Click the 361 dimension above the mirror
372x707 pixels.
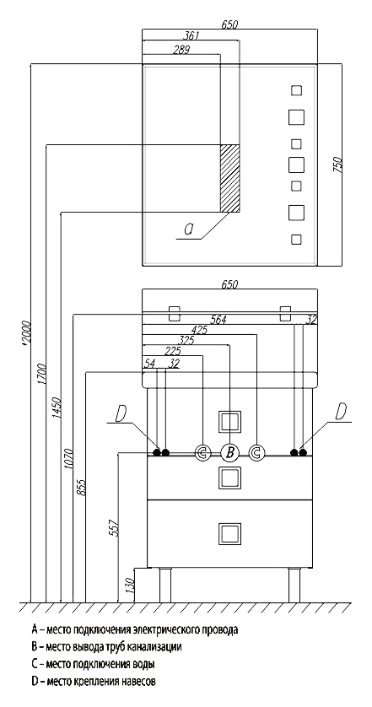193,36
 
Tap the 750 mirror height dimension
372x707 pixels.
337,165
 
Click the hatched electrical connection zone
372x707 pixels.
229,178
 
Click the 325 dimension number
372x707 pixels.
186,340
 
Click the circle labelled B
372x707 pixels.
229,453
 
